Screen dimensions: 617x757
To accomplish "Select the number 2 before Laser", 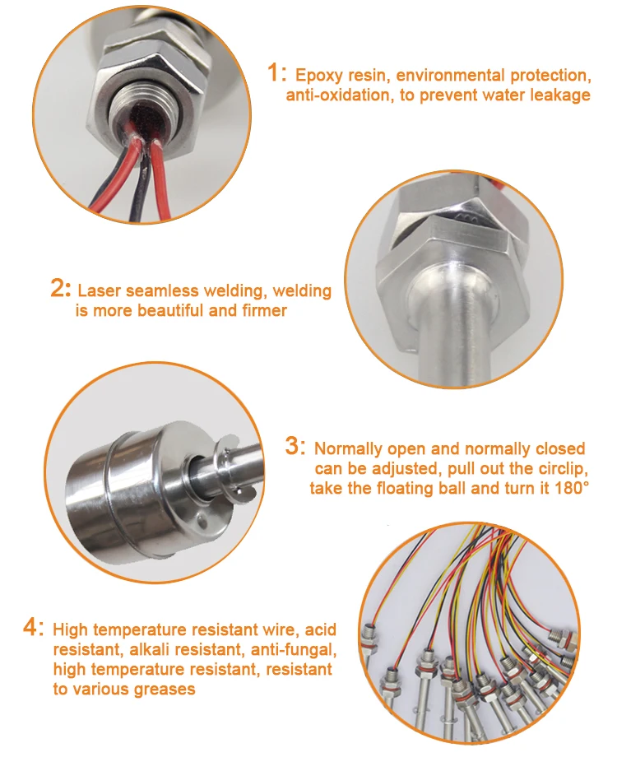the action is pos(60,289).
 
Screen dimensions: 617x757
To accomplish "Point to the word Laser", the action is pos(100,290).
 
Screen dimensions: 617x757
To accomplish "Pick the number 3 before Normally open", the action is pos(295,446).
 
